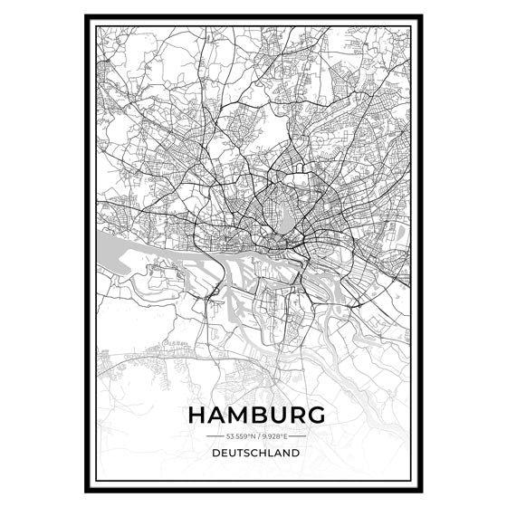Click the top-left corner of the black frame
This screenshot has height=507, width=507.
86,16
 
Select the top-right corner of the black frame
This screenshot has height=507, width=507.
421,16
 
